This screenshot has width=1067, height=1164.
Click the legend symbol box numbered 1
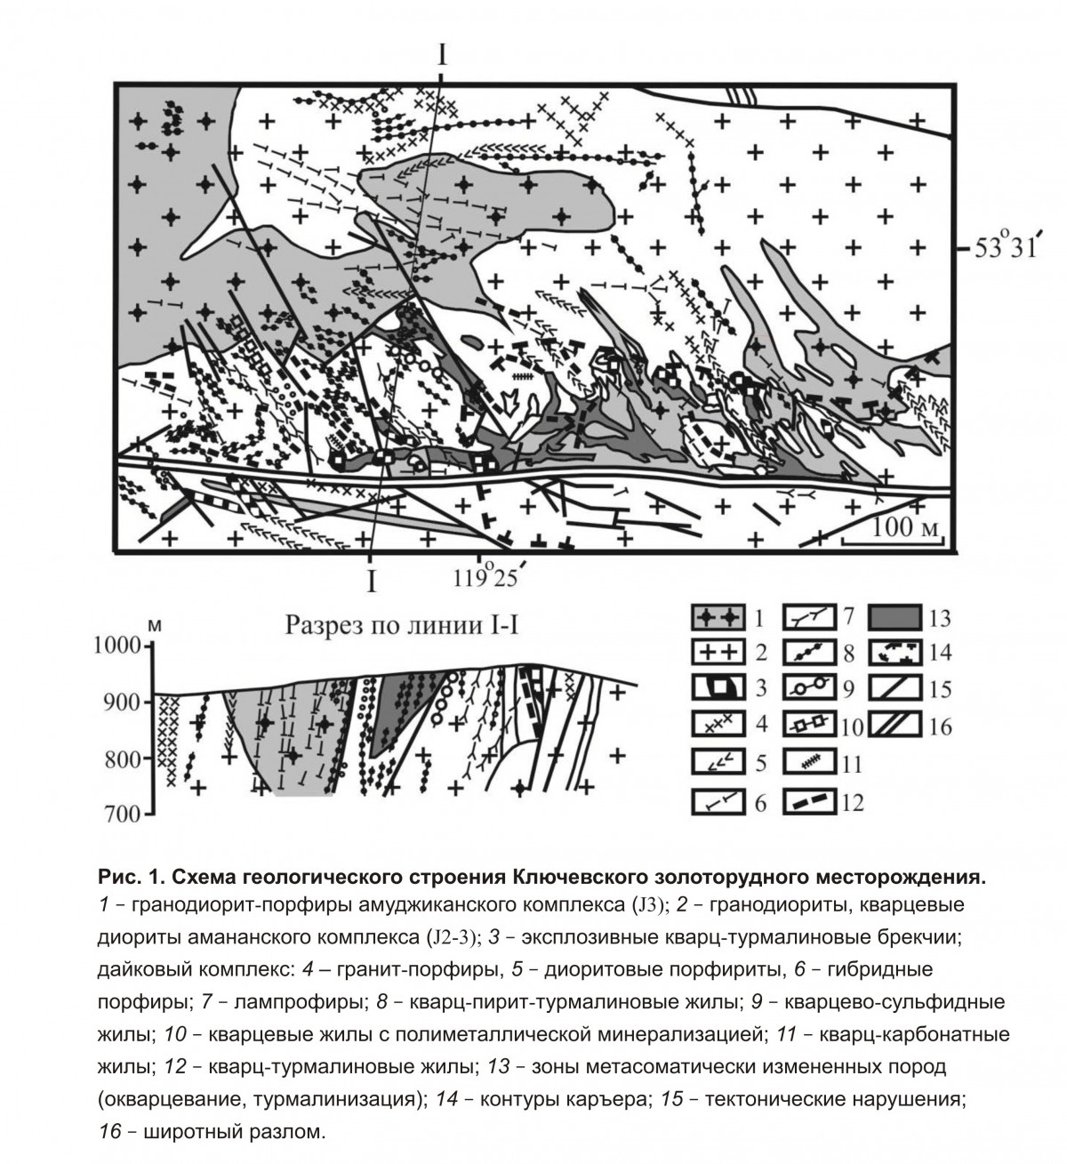(x=718, y=615)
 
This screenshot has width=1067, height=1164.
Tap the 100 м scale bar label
(x=905, y=526)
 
